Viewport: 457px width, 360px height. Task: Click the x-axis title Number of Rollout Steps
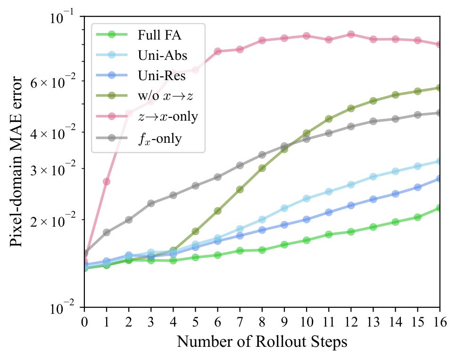[262, 342]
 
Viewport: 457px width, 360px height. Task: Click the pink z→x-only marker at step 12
[351, 34]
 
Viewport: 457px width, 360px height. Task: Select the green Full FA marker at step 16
[440, 208]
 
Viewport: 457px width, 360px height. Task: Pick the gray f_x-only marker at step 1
[107, 232]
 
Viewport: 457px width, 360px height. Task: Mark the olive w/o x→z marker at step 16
[440, 88]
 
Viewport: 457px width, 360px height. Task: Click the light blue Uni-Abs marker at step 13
[373, 177]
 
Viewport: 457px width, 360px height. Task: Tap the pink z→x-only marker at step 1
[107, 181]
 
